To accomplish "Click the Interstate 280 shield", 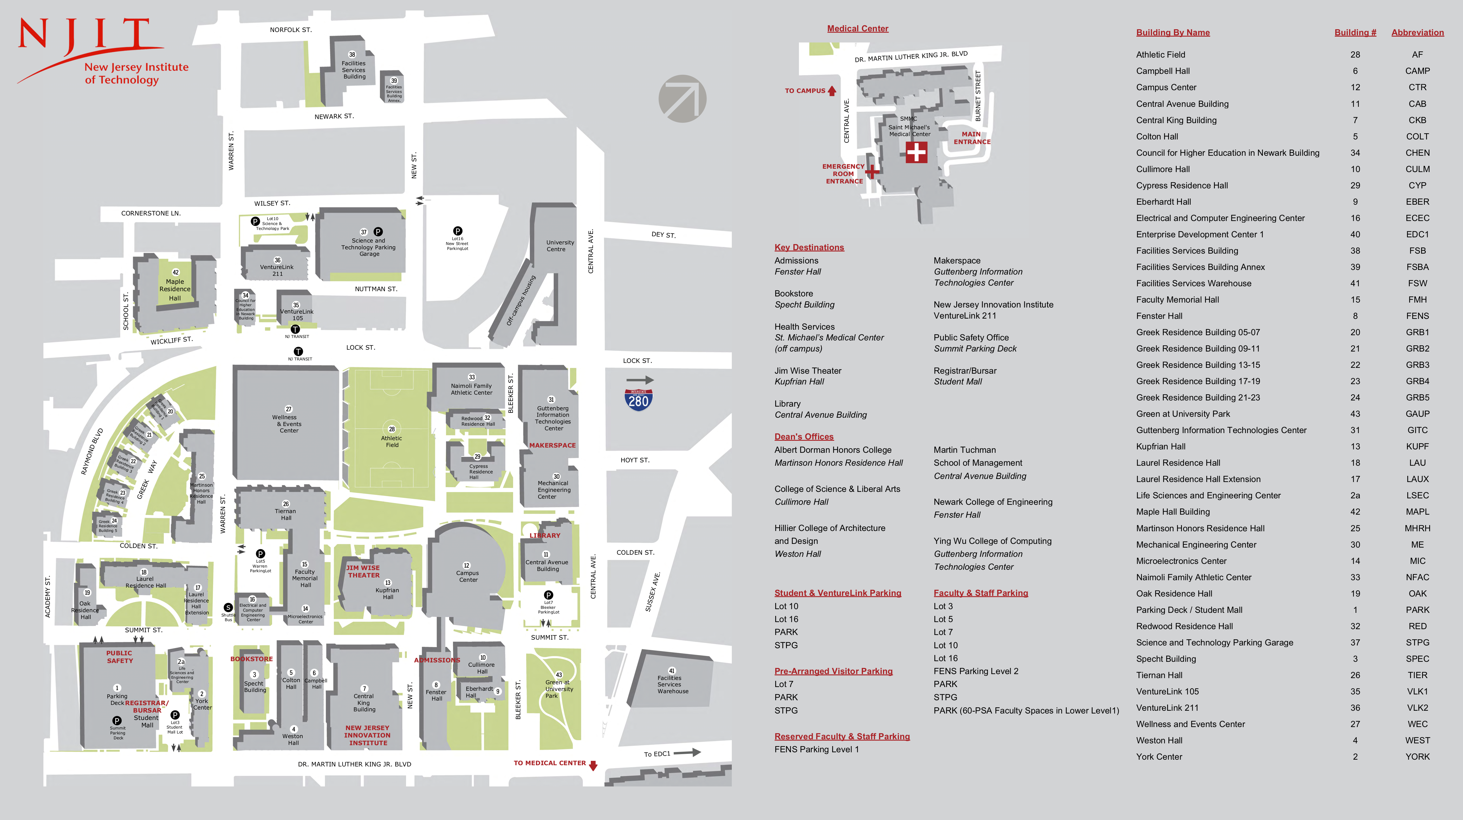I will point(638,400).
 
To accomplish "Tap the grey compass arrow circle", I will point(682,99).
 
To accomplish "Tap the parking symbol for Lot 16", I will point(458,231).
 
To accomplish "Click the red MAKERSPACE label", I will point(552,445).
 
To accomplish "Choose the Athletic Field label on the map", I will point(391,441).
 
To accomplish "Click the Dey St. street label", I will point(663,235).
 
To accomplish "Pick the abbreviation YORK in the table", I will point(1417,756).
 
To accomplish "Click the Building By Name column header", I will point(1173,32).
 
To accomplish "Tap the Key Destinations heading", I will point(809,247).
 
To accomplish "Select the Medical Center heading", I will point(857,28).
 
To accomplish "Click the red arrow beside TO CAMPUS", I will point(832,90).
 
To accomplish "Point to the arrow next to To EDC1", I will point(687,752).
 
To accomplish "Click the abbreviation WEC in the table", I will point(1417,724).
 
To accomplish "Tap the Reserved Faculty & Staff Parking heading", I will point(842,737).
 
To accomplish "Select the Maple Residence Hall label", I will point(175,289).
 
